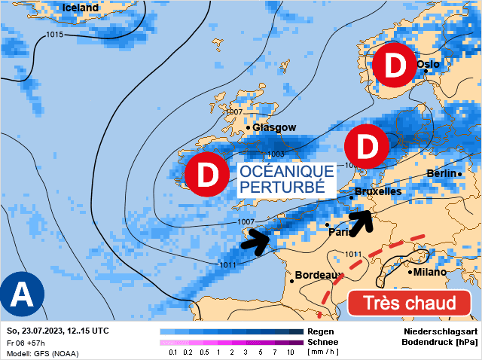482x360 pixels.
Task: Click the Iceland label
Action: [81, 8]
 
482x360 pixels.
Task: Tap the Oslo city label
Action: [427, 65]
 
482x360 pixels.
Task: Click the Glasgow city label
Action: [274, 127]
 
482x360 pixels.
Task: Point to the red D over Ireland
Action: [206, 174]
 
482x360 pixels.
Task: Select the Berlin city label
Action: [441, 174]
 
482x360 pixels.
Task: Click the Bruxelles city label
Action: [377, 192]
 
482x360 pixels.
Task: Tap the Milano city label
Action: [429, 272]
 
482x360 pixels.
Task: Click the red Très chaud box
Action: [410, 304]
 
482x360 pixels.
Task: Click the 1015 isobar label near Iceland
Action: [54, 35]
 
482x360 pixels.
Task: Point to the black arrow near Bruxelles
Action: [361, 221]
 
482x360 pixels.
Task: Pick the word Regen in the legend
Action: [320, 331]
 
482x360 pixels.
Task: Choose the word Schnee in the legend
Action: [322, 342]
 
